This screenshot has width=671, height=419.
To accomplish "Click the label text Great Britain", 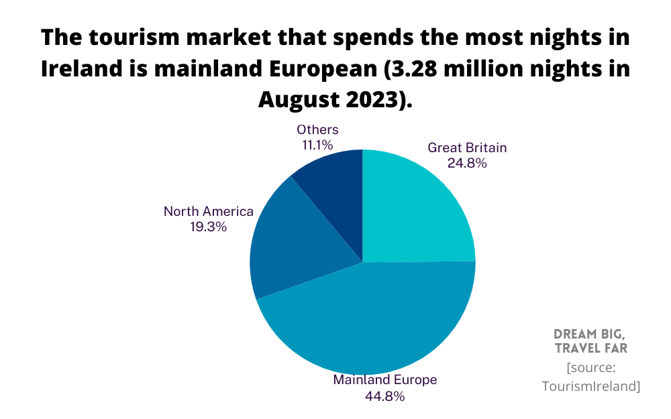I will (x=467, y=147).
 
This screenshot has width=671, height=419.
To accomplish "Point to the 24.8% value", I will (x=467, y=163).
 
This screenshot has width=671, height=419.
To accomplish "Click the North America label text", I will (x=209, y=211).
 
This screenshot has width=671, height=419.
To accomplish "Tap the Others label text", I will (x=317, y=129).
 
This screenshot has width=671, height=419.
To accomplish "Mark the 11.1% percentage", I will (x=317, y=144).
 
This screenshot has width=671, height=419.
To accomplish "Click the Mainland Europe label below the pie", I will (x=385, y=379).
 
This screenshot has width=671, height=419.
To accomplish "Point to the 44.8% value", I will (x=385, y=396).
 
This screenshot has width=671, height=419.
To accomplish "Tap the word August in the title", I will (x=299, y=100).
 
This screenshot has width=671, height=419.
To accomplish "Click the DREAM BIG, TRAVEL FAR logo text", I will (x=590, y=341).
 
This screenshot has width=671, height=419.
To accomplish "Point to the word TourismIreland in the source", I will (x=590, y=386).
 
